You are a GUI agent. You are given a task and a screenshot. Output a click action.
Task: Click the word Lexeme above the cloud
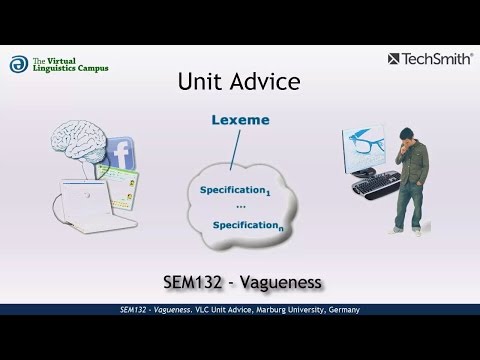click(241, 121)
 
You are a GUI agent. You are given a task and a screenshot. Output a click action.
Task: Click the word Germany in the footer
click(342, 310)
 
